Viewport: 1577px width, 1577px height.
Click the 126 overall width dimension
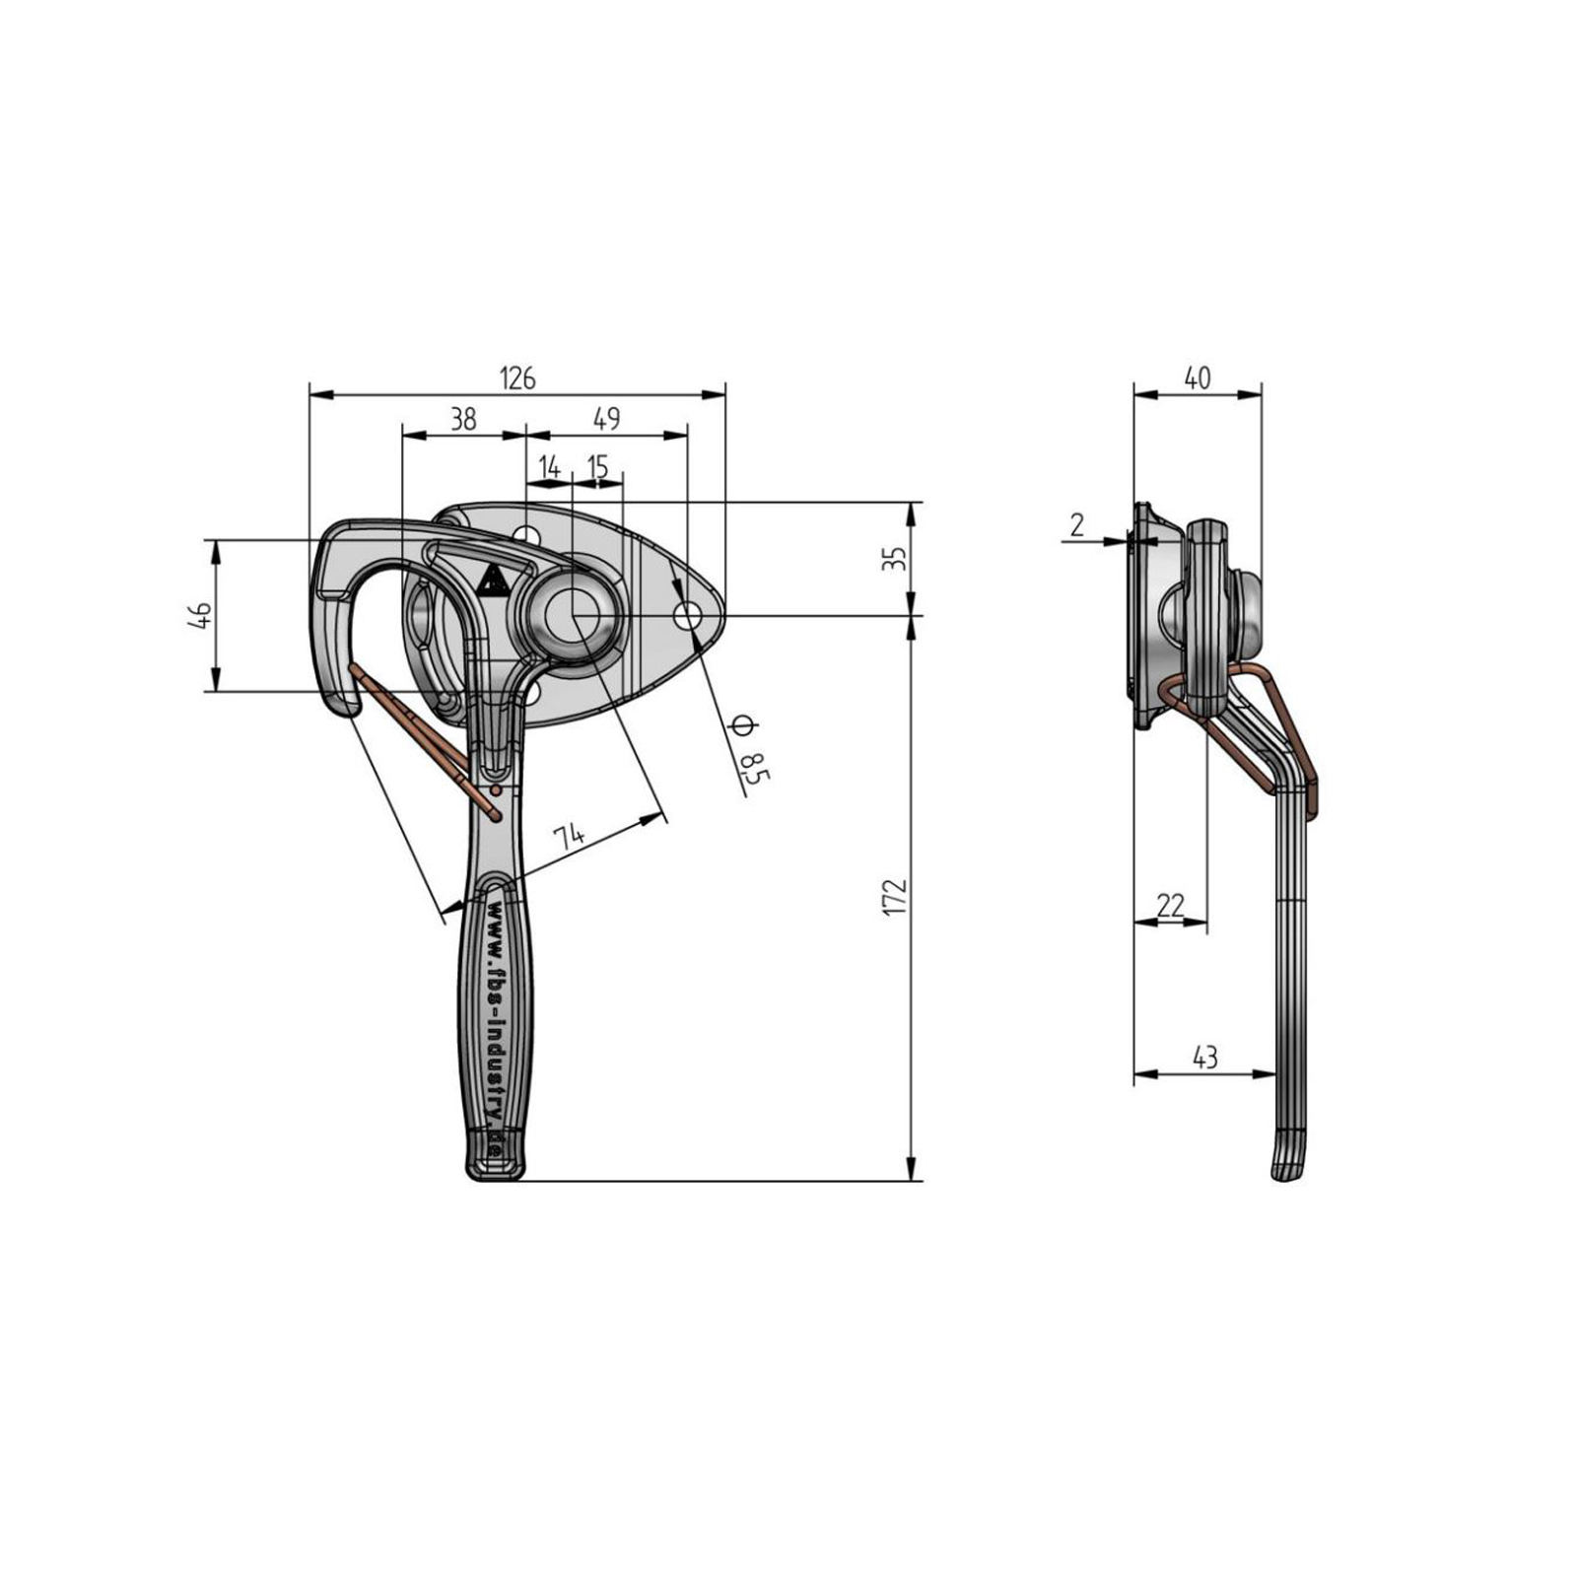click(x=517, y=377)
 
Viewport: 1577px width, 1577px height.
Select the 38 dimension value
click(x=463, y=419)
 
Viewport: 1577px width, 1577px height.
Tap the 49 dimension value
click(x=607, y=419)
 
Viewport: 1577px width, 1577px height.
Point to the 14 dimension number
click(x=549, y=467)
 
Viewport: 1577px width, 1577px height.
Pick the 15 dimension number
click(x=597, y=467)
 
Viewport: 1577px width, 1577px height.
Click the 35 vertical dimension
click(x=894, y=560)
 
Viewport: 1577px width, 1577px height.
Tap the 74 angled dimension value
click(x=569, y=837)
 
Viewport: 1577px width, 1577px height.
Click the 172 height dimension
click(x=894, y=897)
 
